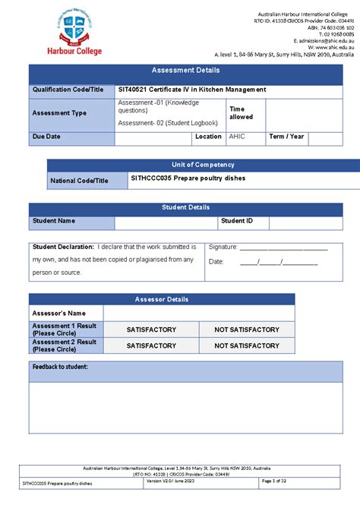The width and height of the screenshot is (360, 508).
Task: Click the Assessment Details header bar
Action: point(185,70)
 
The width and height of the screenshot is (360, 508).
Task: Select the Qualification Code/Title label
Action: point(67,90)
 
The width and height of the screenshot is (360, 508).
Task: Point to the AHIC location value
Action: point(238,137)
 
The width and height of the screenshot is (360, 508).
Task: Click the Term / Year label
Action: point(286,137)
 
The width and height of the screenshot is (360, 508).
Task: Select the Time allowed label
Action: point(242,112)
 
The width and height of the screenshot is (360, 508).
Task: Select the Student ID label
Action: point(236,221)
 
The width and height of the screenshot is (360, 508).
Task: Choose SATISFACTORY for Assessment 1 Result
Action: point(151,330)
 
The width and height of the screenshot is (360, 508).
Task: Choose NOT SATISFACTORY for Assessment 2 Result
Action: point(246,346)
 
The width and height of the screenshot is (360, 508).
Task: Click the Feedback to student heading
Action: point(60,367)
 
